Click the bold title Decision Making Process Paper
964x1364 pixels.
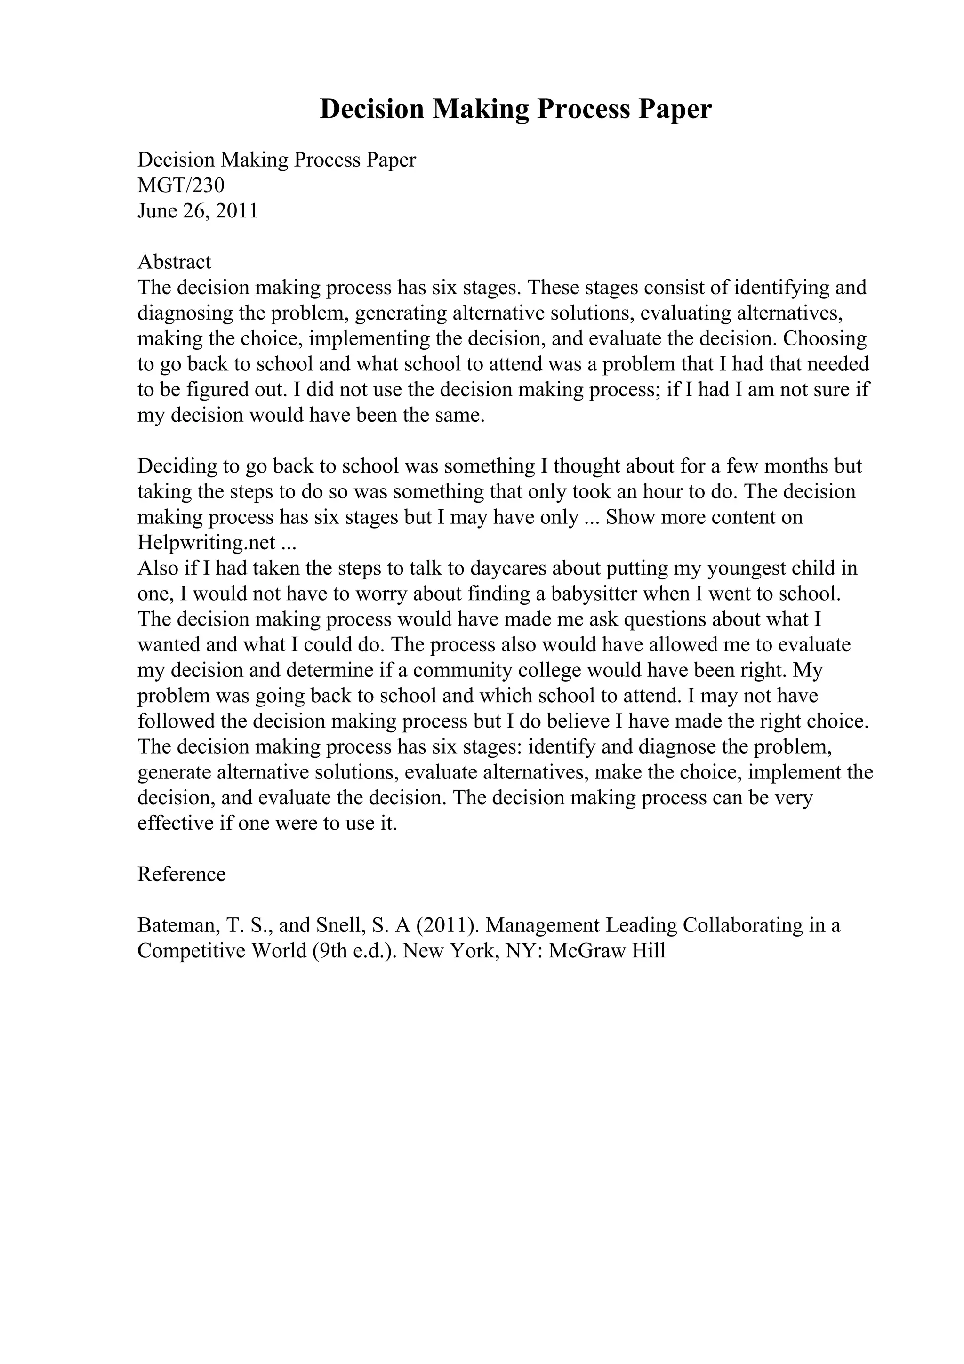(x=515, y=109)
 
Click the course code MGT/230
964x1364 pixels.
(x=181, y=185)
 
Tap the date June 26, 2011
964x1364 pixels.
(x=197, y=211)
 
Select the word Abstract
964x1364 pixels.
(x=174, y=262)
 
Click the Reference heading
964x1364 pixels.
(x=181, y=874)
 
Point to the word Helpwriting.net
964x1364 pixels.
(x=206, y=542)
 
